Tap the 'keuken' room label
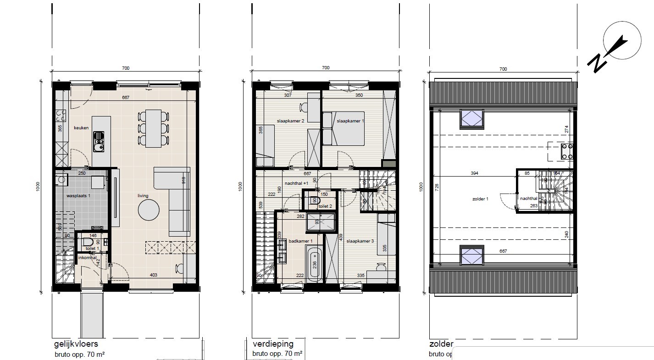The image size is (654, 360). click(81, 128)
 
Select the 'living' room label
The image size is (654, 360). click(143, 196)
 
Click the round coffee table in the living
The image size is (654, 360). click(149, 210)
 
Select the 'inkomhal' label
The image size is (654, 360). click(87, 258)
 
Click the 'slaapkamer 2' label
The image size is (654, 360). click(290, 121)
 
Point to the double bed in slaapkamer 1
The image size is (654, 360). click(344, 128)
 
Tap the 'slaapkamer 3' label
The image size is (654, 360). click(360, 241)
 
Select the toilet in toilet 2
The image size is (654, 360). click(315, 200)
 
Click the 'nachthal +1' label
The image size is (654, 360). click(296, 183)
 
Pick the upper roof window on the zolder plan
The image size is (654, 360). click(471, 119)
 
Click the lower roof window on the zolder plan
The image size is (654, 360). click(471, 255)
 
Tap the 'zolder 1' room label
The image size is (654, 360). click(480, 199)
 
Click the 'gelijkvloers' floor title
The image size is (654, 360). click(76, 344)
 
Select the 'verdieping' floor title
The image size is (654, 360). click(273, 344)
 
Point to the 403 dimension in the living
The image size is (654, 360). click(154, 275)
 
